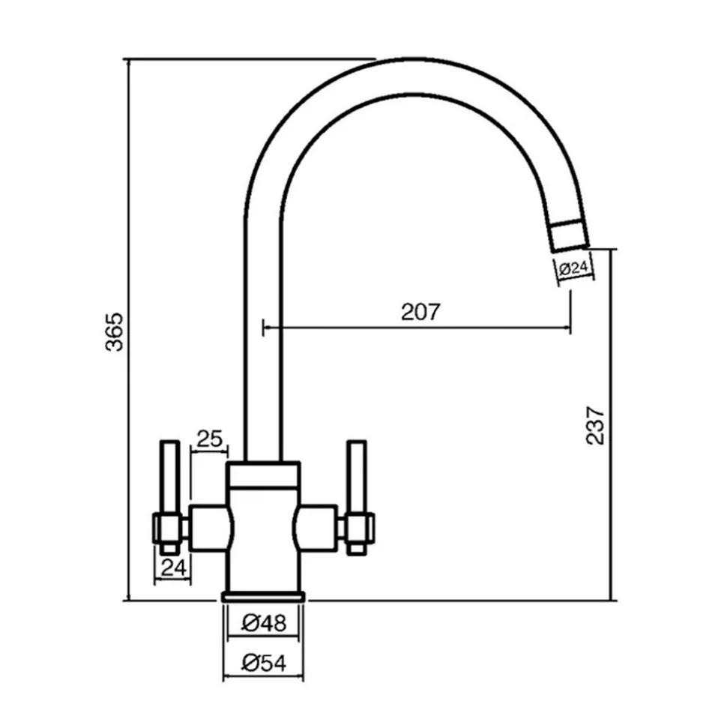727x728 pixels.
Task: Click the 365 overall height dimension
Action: pos(114,331)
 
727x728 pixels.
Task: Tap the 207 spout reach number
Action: pos(420,312)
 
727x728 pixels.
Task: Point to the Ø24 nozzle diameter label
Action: pos(574,268)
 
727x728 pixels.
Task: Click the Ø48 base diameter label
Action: pos(264,623)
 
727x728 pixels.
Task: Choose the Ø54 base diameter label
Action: pos(264,663)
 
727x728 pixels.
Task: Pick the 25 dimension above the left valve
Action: pos(210,439)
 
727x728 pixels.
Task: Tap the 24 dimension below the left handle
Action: pos(173,567)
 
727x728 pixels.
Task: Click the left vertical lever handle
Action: pos(170,497)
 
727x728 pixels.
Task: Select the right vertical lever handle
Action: pos(357,497)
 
